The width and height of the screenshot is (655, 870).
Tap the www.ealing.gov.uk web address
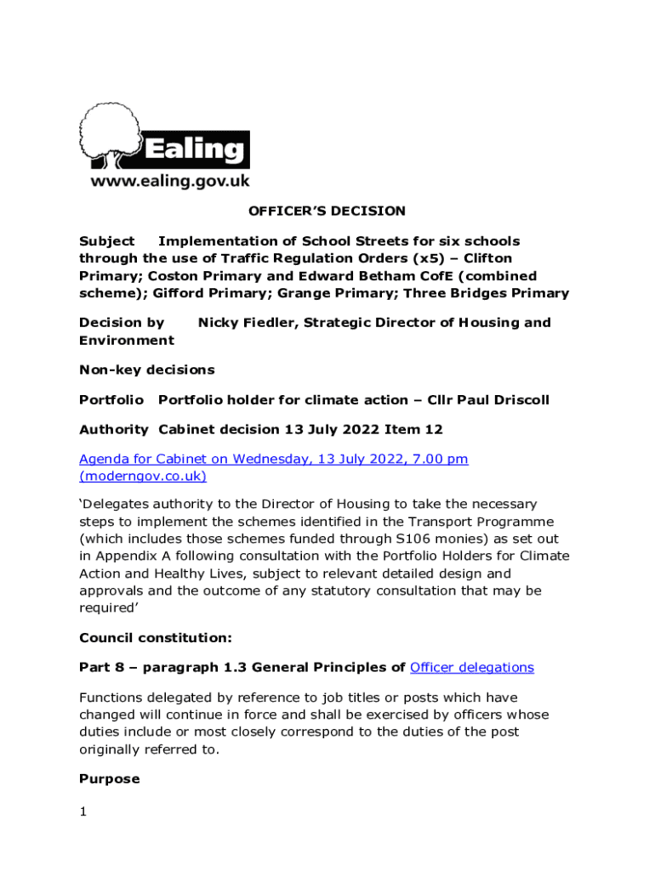(x=170, y=181)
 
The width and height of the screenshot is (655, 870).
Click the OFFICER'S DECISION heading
(x=327, y=211)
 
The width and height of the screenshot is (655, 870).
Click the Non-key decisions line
(x=146, y=370)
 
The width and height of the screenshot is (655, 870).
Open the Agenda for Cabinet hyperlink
(x=273, y=460)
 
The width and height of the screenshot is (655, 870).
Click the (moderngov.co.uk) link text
(x=143, y=477)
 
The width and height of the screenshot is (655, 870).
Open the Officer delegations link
(x=471, y=668)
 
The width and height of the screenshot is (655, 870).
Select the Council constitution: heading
(x=155, y=637)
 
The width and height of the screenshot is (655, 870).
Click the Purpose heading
(x=109, y=779)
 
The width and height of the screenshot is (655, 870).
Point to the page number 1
(x=83, y=812)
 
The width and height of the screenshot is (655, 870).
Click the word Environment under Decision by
(x=126, y=341)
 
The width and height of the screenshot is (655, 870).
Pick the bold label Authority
(x=113, y=430)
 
